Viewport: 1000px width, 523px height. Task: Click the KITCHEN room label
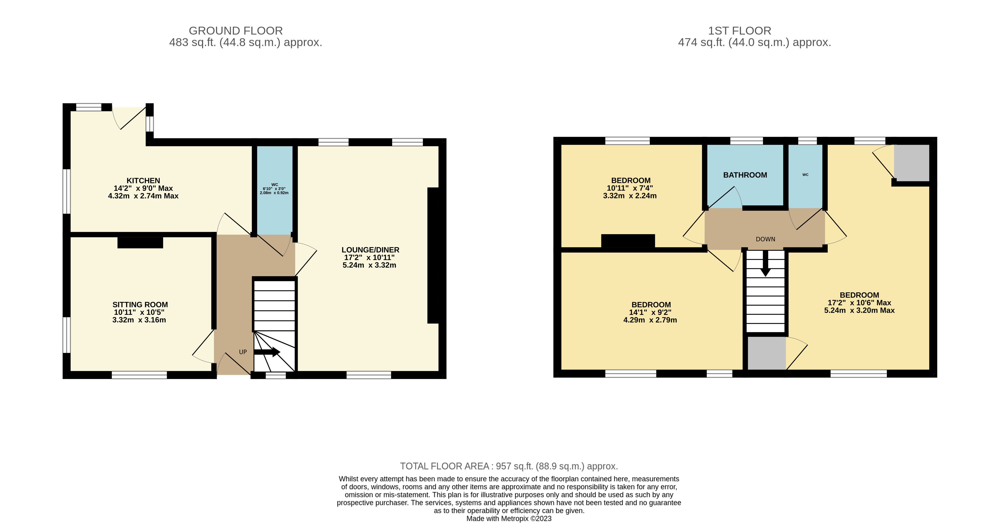pyautogui.click(x=143, y=181)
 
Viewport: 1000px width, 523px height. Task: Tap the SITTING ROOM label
pyautogui.click(x=140, y=305)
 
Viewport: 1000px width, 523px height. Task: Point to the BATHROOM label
pyautogui.click(x=745, y=175)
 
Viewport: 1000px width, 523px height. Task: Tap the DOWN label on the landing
pyautogui.click(x=766, y=239)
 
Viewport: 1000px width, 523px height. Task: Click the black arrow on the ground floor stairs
pyautogui.click(x=267, y=352)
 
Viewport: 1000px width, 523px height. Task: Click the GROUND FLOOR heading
pyautogui.click(x=236, y=31)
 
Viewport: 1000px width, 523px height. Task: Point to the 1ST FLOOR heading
pyautogui.click(x=739, y=31)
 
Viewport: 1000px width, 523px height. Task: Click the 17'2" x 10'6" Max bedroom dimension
pyautogui.click(x=859, y=303)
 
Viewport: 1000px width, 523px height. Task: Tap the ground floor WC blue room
pyautogui.click(x=275, y=190)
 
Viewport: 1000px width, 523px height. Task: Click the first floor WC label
pyautogui.click(x=806, y=175)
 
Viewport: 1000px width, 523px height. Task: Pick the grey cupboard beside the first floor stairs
pyautogui.click(x=767, y=353)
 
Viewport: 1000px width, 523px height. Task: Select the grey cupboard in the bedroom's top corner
pyautogui.click(x=912, y=163)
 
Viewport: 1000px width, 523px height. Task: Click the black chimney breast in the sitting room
pyautogui.click(x=140, y=243)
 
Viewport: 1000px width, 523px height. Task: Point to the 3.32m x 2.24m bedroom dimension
pyautogui.click(x=630, y=196)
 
